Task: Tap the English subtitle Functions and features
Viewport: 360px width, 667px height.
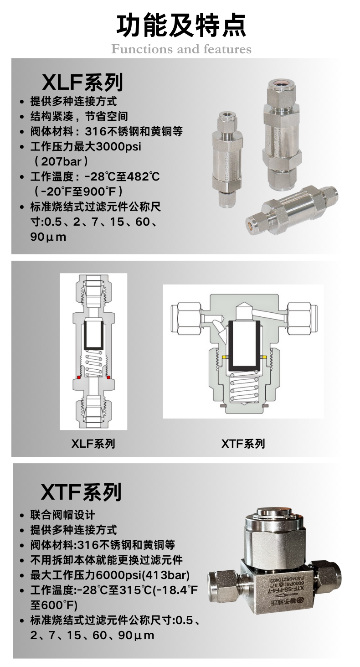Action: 181,49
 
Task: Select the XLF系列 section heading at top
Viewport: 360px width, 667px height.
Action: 82,82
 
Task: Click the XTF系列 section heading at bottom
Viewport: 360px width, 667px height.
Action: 81,492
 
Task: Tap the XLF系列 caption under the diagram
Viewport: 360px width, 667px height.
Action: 93,444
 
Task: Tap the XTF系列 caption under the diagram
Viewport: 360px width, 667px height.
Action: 243,444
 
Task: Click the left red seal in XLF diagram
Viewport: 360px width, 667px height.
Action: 79,377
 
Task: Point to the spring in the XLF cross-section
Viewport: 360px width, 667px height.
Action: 93,364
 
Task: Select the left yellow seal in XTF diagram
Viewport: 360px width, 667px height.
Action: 225,357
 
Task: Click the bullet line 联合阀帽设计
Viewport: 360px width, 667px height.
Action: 62,515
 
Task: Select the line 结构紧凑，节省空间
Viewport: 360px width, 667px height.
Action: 79,116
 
